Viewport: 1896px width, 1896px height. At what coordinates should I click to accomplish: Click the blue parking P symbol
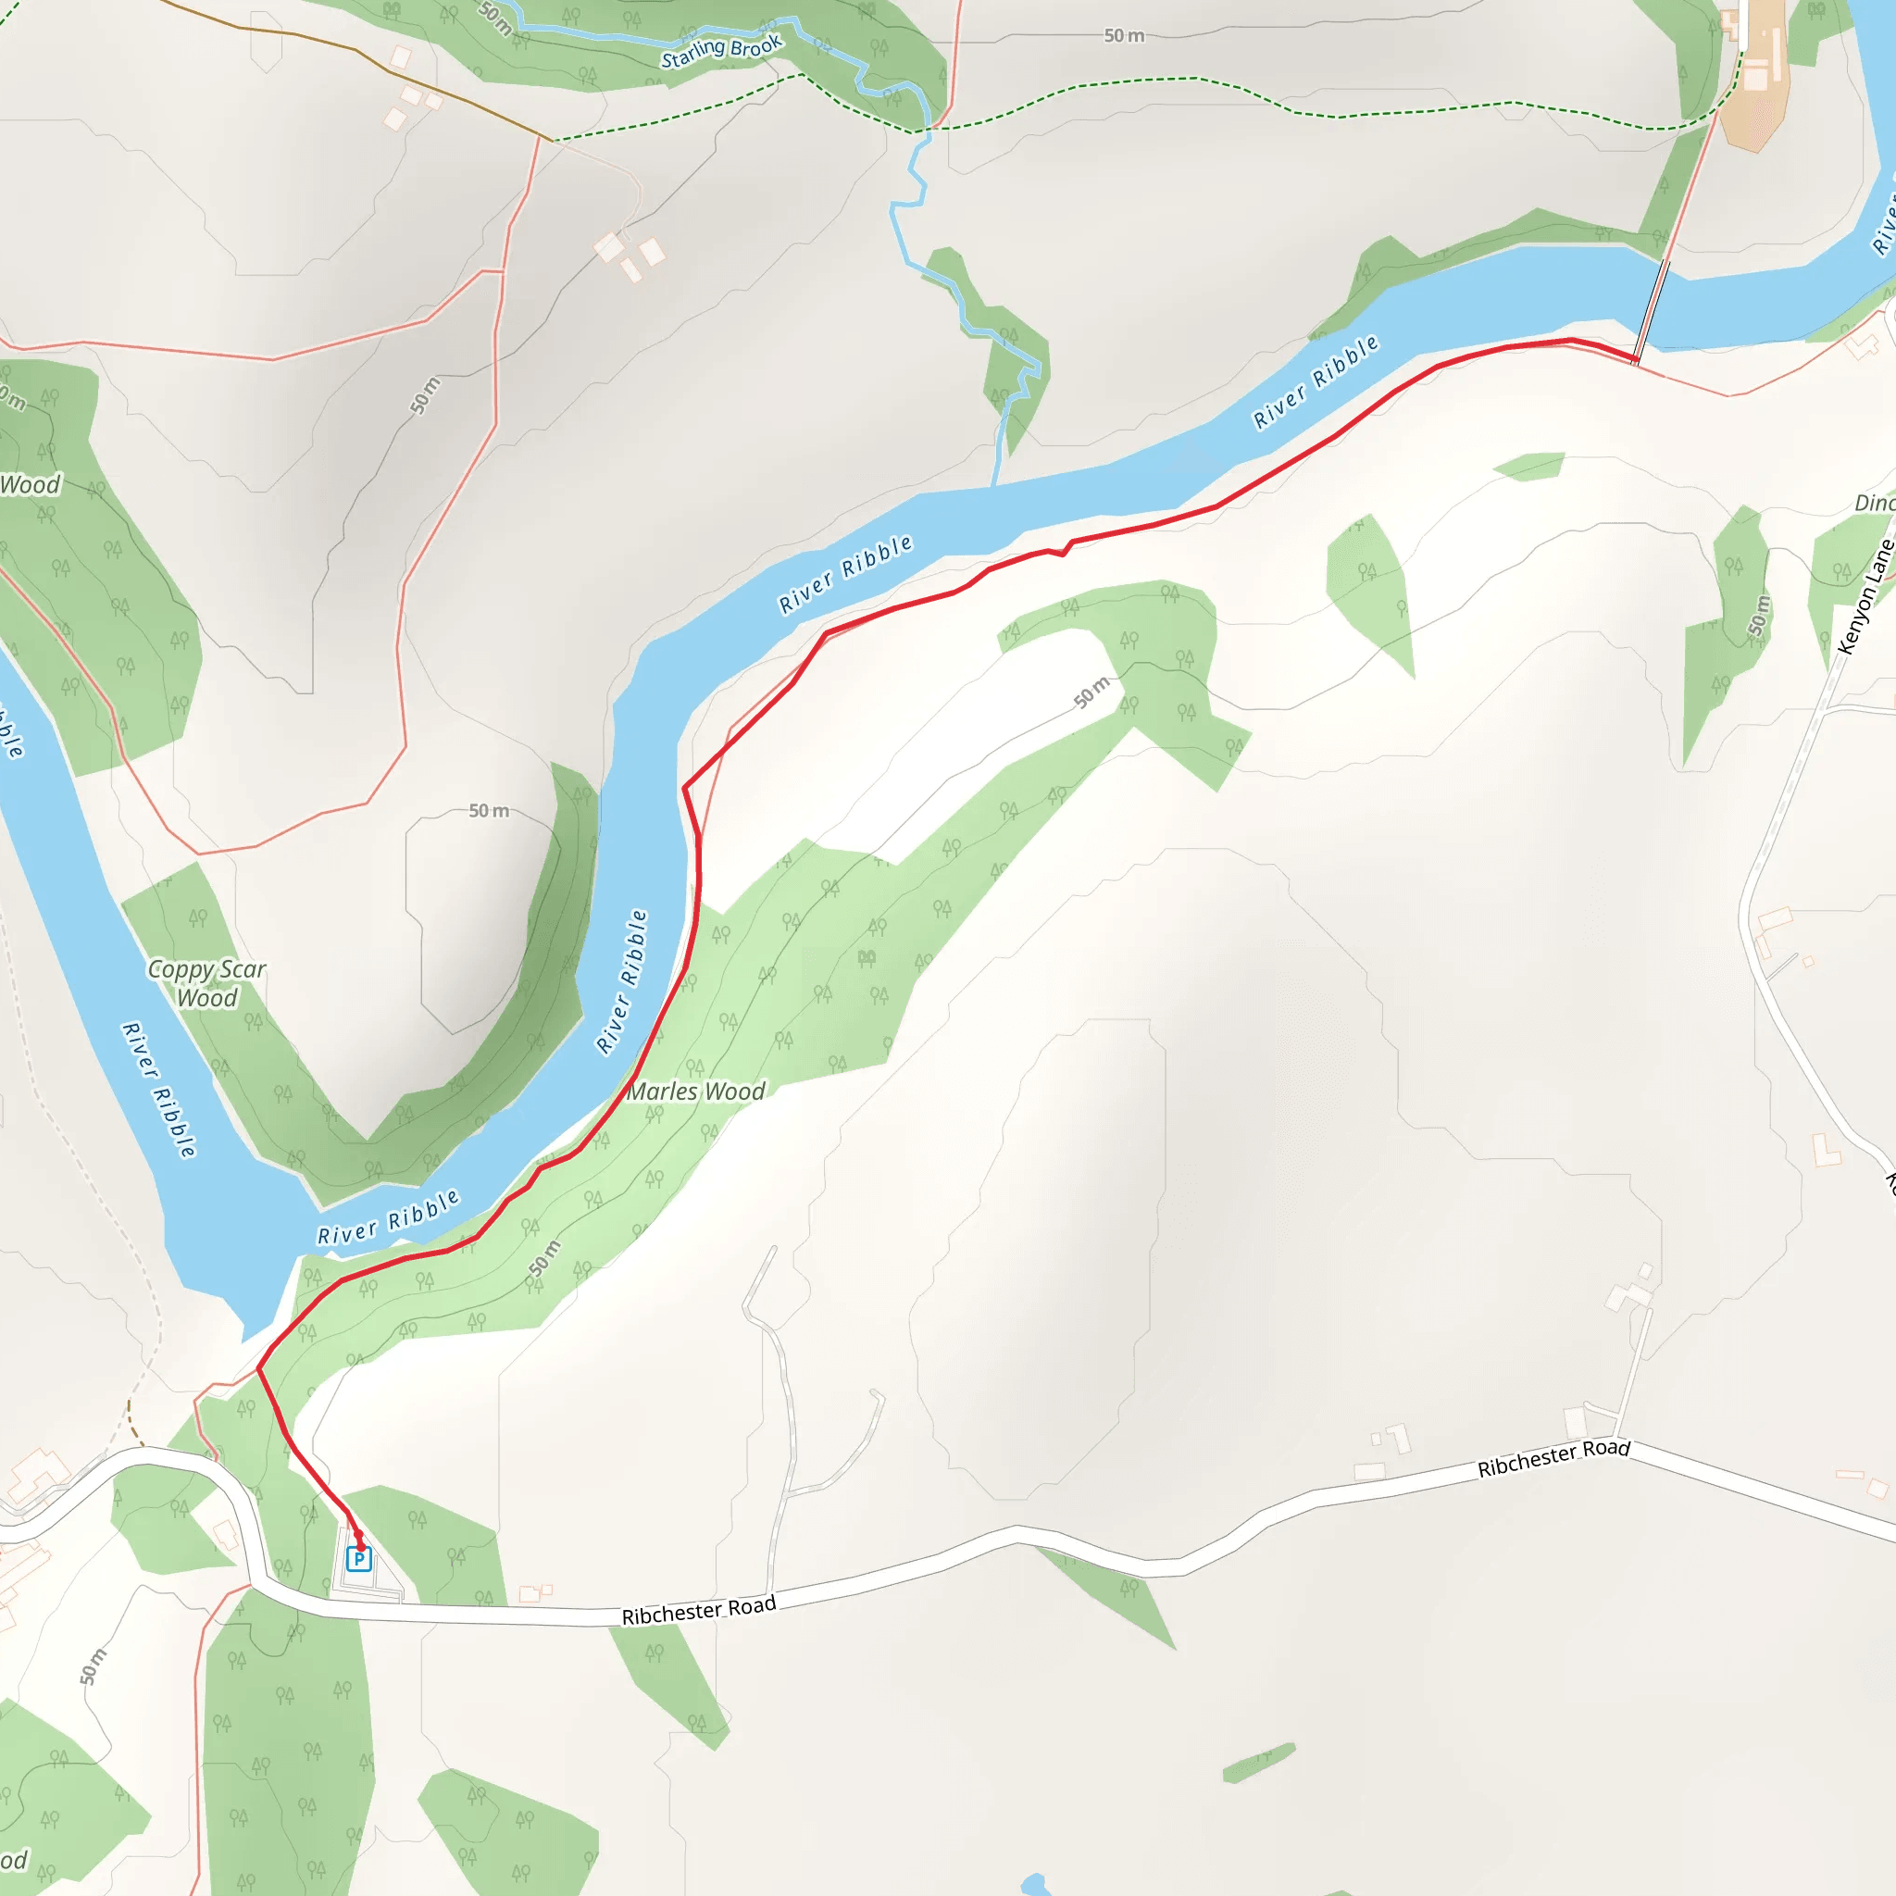359,1558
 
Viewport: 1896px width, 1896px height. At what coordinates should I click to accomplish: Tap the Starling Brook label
721,51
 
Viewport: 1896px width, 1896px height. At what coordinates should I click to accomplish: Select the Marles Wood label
696,1091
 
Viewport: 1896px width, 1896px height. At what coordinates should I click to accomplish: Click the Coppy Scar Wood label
206,983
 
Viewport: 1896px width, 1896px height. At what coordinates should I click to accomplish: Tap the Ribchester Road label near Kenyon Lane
1553,1457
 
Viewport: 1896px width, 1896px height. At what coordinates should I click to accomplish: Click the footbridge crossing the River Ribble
1651,312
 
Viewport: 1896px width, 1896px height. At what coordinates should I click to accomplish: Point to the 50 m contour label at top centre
1124,36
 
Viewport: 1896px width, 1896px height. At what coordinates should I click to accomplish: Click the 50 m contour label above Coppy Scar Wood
488,811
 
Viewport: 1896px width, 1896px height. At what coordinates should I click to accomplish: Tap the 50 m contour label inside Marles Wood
544,1258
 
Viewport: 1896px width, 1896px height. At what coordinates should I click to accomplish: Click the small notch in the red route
1062,554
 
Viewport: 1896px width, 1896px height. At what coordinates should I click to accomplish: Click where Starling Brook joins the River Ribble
995,484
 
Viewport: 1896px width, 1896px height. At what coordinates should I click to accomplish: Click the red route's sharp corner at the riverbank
684,787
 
